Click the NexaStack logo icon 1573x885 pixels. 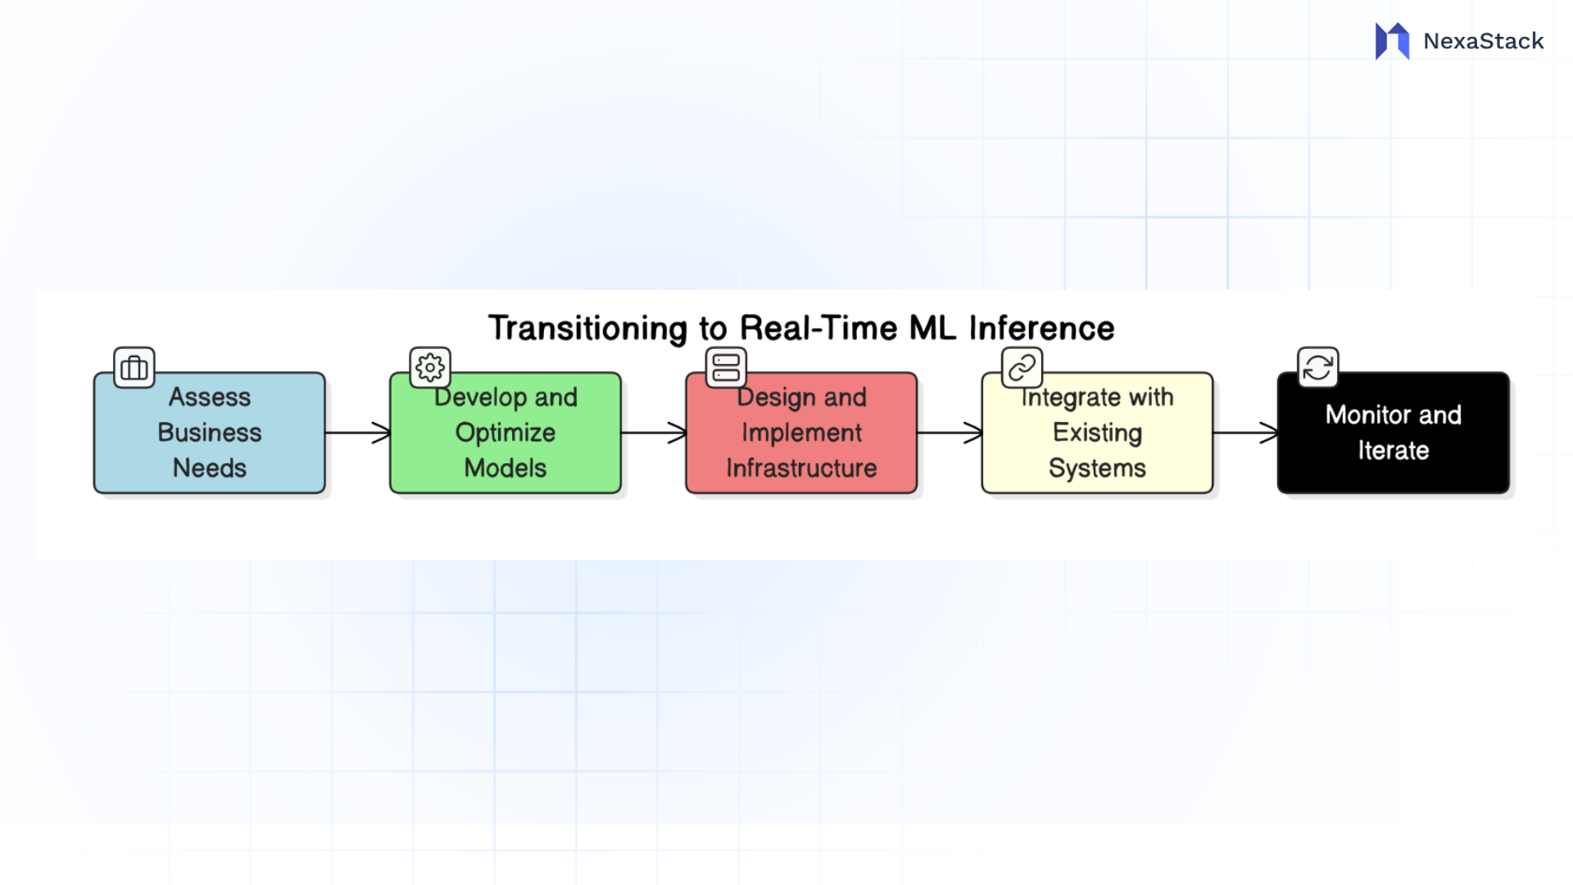click(1392, 41)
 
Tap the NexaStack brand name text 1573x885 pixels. click(1483, 41)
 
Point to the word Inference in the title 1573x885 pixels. click(1041, 328)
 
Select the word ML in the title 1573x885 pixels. click(932, 328)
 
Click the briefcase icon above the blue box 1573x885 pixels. click(134, 367)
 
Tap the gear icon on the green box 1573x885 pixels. click(430, 367)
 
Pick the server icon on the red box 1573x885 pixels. click(726, 367)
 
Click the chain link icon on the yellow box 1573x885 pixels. click(1022, 367)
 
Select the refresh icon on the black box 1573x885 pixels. click(1317, 367)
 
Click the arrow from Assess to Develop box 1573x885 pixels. click(358, 433)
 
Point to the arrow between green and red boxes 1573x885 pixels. click(654, 433)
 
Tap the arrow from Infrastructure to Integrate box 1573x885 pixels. click(950, 433)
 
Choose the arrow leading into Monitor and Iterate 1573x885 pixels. click(1245, 433)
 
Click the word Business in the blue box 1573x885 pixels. click(210, 433)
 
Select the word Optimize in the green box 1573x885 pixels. click(505, 433)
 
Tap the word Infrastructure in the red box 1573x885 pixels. click(801, 468)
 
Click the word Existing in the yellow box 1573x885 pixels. click(1097, 433)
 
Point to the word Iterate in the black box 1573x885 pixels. click(1393, 450)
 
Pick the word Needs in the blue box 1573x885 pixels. click(210, 468)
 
